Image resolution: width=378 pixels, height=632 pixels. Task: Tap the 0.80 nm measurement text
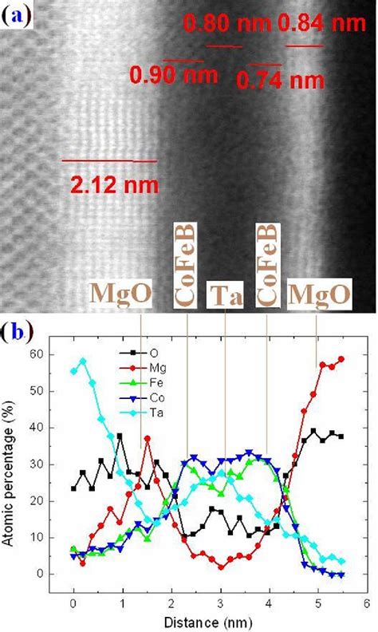click(227, 25)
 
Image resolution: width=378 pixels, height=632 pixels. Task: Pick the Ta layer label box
click(225, 295)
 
